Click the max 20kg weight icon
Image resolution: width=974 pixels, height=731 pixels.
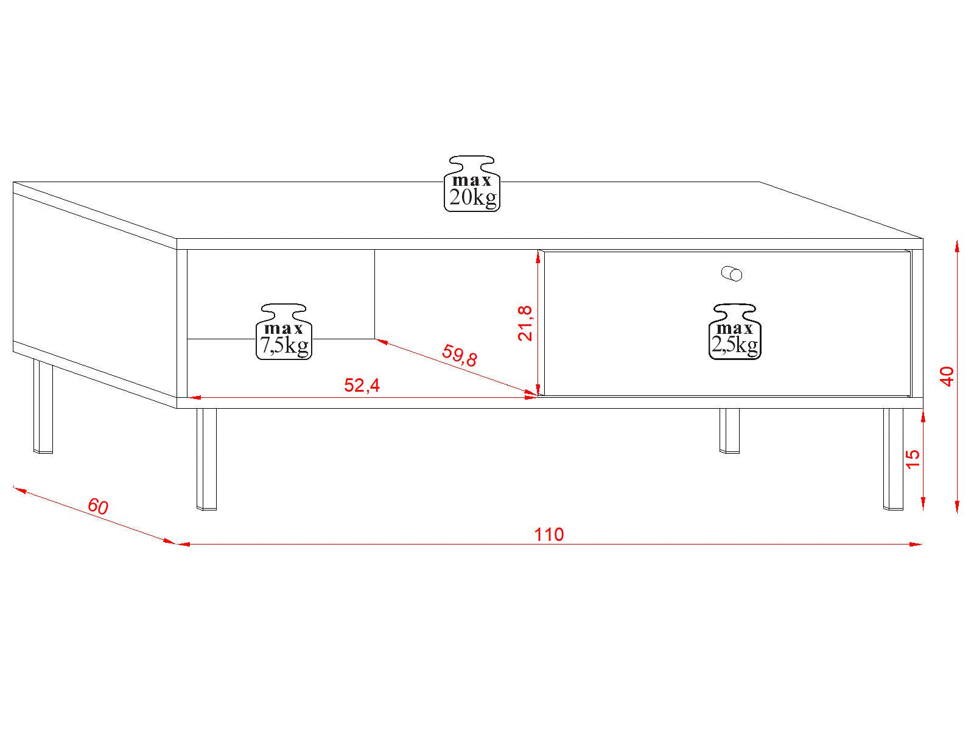(472, 183)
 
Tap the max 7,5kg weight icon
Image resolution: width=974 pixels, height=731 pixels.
(284, 331)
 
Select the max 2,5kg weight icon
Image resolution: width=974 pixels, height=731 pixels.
(735, 331)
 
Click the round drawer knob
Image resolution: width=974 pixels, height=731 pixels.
(732, 274)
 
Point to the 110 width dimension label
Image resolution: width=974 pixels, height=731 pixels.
(549, 535)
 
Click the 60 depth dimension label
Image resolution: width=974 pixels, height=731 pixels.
(97, 506)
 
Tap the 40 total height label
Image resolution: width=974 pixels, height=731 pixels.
(947, 376)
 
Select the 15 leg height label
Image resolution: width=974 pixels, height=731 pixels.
(913, 459)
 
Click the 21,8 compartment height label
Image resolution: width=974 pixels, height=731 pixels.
(525, 323)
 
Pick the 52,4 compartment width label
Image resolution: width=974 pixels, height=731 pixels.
(362, 385)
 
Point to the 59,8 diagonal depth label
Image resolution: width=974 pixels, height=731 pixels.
(459, 356)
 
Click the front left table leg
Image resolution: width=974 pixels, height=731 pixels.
(207, 459)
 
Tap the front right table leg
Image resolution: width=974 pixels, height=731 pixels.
(893, 459)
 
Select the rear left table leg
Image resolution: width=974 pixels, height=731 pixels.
(43, 406)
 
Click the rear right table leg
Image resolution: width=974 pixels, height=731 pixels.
(729, 431)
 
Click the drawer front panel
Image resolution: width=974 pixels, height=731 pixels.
(727, 323)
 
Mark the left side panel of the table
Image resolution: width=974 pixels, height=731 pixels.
(95, 295)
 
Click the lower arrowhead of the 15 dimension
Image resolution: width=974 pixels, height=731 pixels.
(923, 504)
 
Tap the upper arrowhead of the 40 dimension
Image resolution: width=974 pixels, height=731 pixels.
(957, 246)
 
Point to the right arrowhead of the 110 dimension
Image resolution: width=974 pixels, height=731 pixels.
(916, 544)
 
